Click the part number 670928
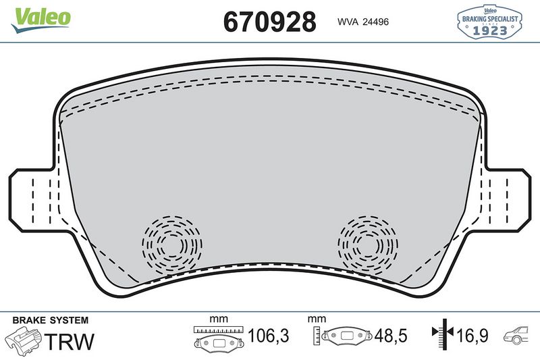point(269,22)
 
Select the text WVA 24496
point(363,22)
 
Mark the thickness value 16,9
point(473,335)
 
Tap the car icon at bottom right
point(518,334)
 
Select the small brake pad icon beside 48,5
point(347,336)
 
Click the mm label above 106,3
point(217,318)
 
